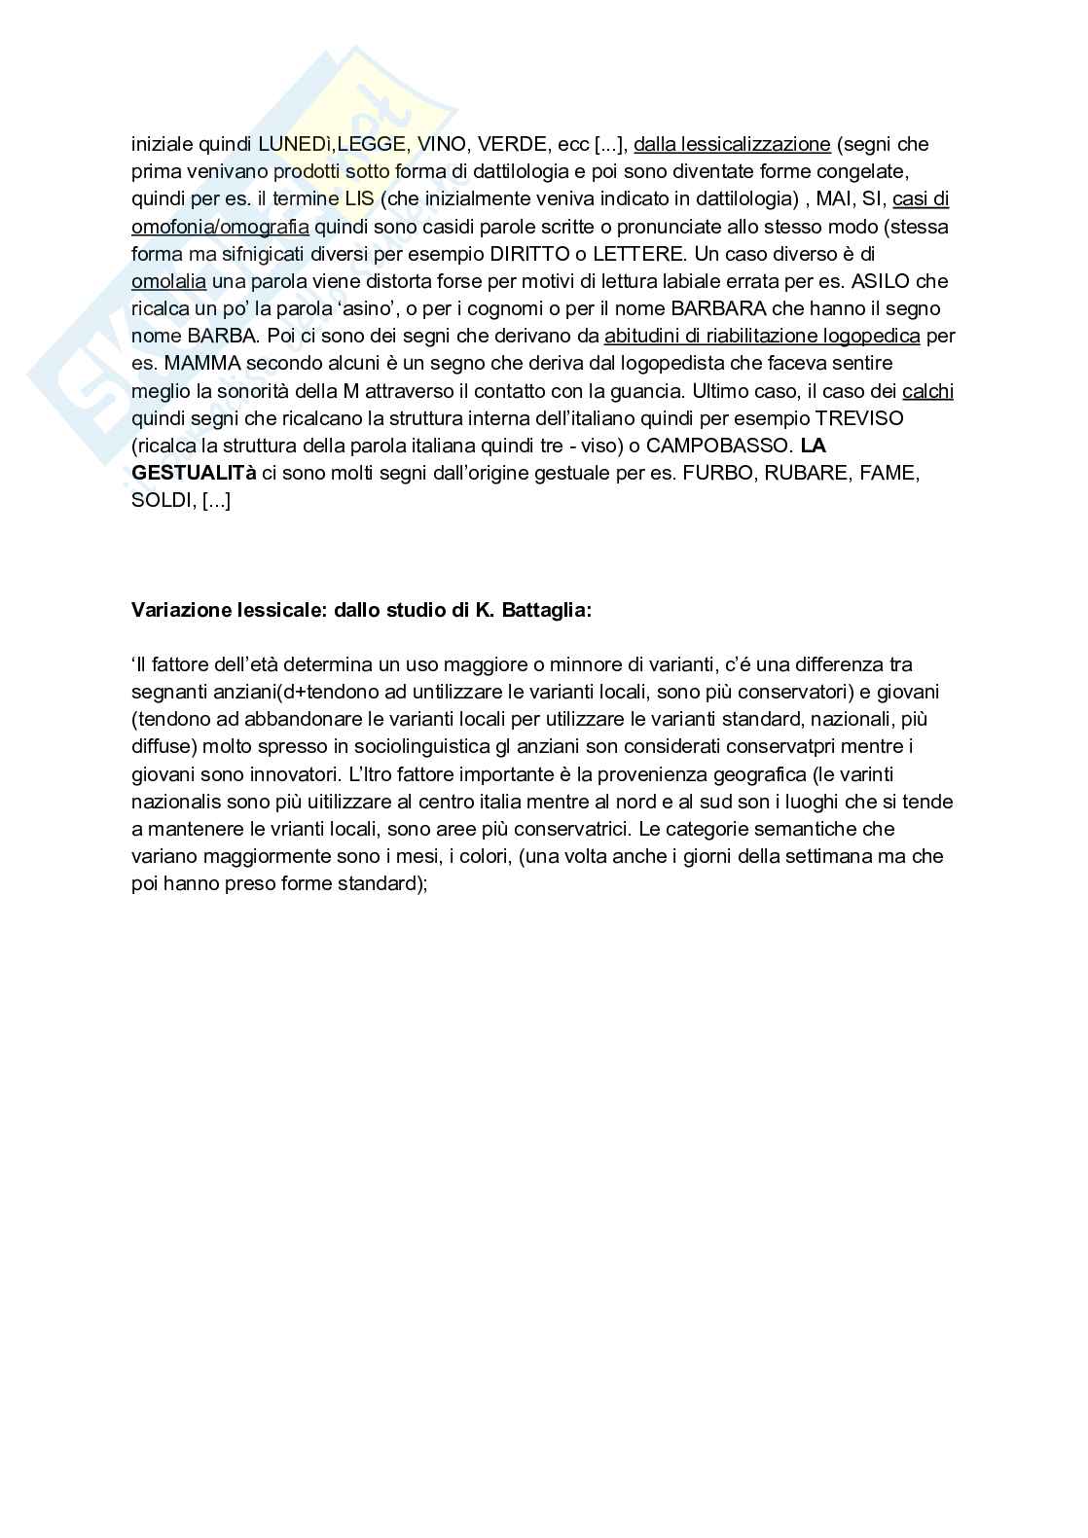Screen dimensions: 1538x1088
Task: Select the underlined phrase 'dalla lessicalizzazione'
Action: pyautogui.click(x=732, y=145)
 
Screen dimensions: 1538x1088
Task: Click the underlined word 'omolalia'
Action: pyautogui.click(x=168, y=281)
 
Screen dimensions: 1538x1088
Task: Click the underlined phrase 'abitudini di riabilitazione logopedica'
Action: pyautogui.click(x=762, y=336)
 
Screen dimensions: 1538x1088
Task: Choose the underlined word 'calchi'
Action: pyautogui.click(x=927, y=391)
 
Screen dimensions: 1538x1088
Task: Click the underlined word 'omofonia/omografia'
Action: pyautogui.click(x=220, y=227)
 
